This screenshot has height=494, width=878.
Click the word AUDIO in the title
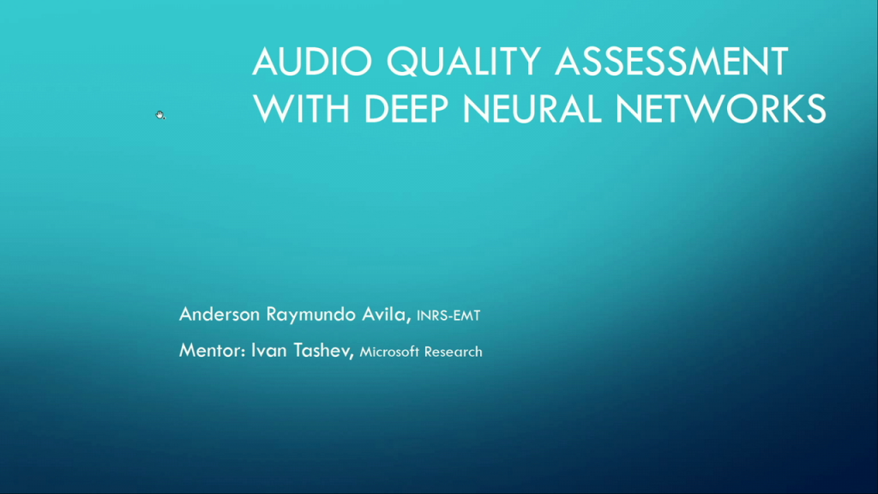[312, 62]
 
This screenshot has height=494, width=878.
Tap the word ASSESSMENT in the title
[672, 62]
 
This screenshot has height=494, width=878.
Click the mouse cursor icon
[159, 115]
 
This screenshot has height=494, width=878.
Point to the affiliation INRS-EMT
[448, 316]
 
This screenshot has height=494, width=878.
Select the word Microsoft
[391, 352]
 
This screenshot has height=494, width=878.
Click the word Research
[454, 352]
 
